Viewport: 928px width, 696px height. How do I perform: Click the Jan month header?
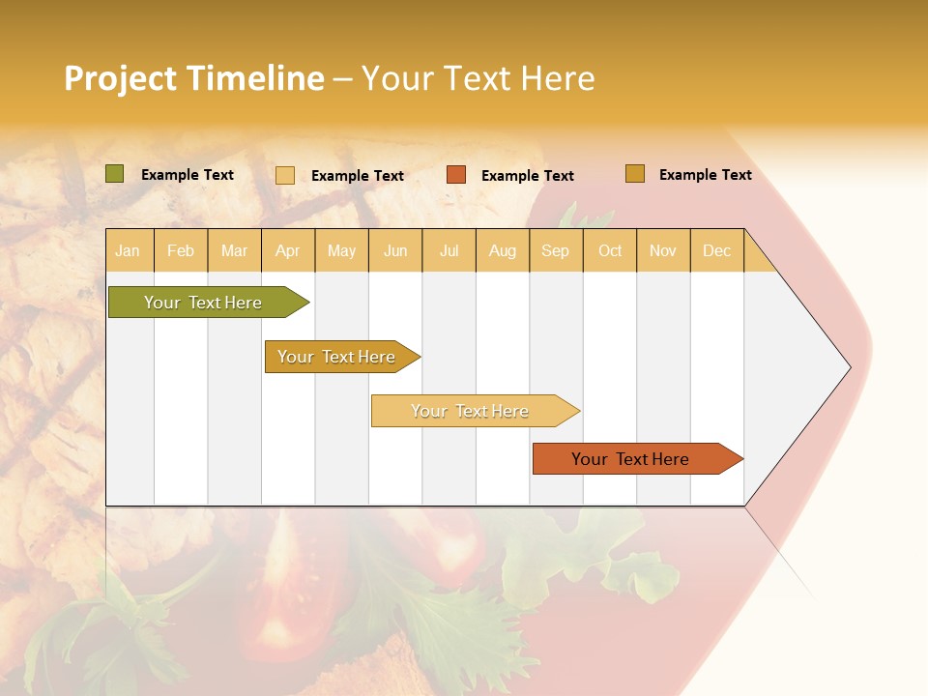[x=128, y=250]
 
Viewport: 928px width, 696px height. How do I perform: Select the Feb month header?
[x=181, y=250]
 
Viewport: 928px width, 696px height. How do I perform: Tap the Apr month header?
[x=288, y=250]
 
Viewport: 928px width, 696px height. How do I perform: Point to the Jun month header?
[x=395, y=250]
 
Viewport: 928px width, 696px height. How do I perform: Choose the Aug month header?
[x=503, y=250]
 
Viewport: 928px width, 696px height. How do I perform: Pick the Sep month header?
[x=556, y=250]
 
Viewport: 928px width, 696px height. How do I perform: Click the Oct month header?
[x=610, y=250]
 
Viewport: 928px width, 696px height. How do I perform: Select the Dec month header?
[x=717, y=250]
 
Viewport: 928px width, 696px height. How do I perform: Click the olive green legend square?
[x=115, y=174]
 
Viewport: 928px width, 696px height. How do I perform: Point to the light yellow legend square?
[x=285, y=175]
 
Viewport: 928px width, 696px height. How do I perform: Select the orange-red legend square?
[x=456, y=175]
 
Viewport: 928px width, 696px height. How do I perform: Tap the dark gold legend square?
[x=635, y=174]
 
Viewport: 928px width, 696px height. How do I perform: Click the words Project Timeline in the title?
[x=194, y=78]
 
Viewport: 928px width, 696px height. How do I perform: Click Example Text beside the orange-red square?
[x=528, y=176]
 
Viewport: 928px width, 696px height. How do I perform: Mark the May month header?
[x=341, y=250]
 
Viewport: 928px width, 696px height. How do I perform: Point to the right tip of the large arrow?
[x=849, y=367]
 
